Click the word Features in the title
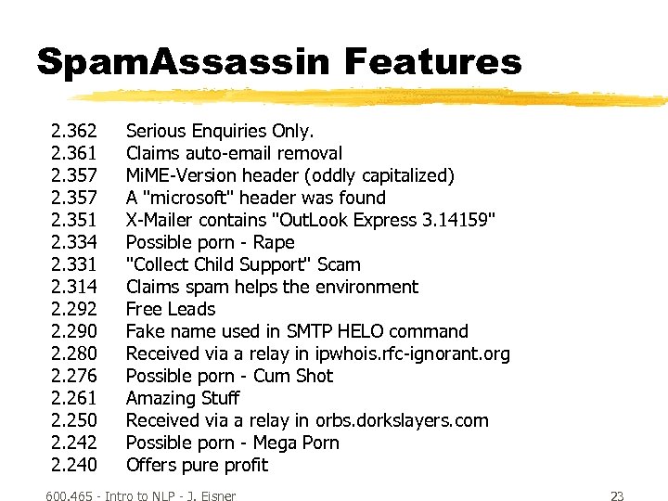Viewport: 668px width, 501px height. (432, 62)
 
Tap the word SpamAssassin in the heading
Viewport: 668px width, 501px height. (183, 62)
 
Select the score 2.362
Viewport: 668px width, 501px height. (74, 131)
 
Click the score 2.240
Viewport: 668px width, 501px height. (74, 465)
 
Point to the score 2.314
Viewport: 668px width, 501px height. (74, 287)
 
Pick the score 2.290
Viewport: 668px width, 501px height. (74, 331)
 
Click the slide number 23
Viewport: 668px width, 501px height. (617, 496)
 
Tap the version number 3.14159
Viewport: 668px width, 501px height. (459, 220)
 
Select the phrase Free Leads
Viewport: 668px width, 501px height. (171, 309)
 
